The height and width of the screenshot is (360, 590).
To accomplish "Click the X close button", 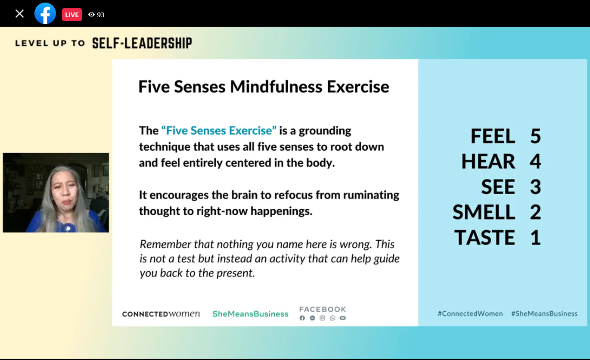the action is [19, 14].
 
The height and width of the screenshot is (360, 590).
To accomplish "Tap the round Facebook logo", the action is [45, 13].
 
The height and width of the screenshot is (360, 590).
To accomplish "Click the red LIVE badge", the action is [71, 15].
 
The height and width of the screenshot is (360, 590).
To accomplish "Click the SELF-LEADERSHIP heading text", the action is [142, 43].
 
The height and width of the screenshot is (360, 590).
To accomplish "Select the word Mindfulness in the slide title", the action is [276, 87].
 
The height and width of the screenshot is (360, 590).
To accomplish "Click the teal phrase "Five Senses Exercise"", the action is [219, 130].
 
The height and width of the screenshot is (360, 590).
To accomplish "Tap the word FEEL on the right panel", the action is [493, 136].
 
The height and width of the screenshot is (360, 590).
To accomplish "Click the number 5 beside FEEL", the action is [535, 136].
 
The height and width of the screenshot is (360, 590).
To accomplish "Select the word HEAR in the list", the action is [488, 161].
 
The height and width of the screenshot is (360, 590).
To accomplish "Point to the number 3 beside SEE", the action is [535, 187].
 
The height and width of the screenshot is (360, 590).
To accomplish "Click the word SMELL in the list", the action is [484, 212].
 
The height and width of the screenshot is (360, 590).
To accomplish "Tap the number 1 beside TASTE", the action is [536, 237].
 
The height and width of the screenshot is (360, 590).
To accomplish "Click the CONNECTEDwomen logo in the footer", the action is [161, 314].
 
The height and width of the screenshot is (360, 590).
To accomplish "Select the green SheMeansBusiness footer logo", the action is [250, 314].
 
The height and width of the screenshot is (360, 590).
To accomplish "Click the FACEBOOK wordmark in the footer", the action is [323, 309].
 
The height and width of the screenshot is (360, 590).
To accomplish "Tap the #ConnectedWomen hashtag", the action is [470, 313].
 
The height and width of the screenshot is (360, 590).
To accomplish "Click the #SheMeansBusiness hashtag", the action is [544, 313].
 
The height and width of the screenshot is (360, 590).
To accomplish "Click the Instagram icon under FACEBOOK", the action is [322, 318].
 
